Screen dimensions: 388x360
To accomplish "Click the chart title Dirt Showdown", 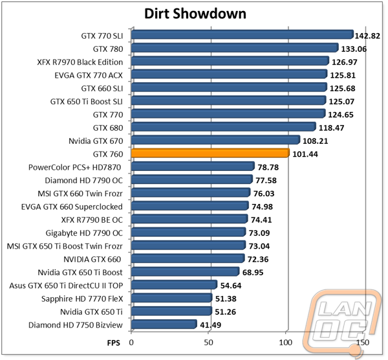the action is [195, 14].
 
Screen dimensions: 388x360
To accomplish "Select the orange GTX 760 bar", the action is [210, 153].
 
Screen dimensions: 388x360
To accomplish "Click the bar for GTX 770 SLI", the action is [242, 35].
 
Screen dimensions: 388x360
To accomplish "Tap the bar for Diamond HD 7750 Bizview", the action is [164, 324].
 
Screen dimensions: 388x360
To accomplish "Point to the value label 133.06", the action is [354, 49].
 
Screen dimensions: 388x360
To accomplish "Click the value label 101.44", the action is [305, 154].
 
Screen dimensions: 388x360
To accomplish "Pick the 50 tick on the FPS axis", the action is [208, 343].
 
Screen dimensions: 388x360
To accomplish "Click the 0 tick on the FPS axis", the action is [131, 343].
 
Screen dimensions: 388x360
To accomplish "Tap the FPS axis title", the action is [114, 343].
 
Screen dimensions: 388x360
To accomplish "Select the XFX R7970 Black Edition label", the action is [80, 62].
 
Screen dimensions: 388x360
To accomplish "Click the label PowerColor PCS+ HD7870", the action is [75, 167].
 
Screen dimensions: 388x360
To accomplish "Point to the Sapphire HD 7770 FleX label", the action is [82, 298].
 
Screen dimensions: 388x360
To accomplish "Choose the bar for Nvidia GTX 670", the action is [216, 140].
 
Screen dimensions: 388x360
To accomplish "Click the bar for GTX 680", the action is [224, 127].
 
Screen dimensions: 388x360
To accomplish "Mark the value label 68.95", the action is [253, 273].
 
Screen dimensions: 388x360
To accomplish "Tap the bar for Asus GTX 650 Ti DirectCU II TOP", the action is [174, 285].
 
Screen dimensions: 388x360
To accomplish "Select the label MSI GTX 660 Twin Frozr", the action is [80, 194].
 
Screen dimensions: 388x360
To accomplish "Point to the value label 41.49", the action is [211, 325].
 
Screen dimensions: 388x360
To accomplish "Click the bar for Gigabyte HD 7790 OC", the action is [189, 232].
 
